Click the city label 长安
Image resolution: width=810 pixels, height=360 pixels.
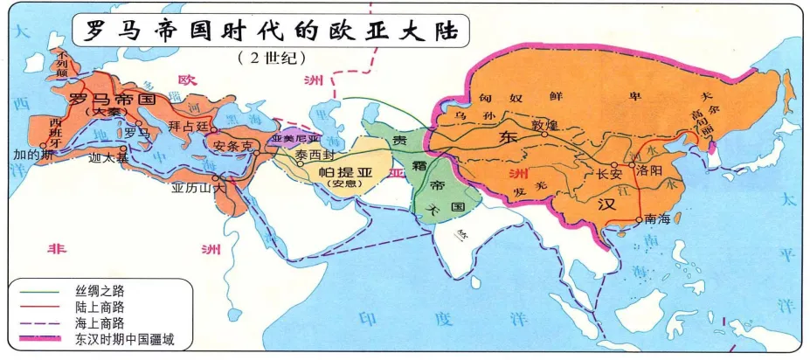pyautogui.click(x=609, y=174)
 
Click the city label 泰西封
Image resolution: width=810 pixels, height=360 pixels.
pyautogui.click(x=312, y=154)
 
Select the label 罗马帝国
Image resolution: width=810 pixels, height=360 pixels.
pyautogui.click(x=113, y=99)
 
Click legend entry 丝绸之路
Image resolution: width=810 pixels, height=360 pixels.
pyautogui.click(x=87, y=289)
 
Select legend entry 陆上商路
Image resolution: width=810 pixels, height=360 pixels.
pyautogui.click(x=87, y=306)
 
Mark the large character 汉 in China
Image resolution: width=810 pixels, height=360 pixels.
pyautogui.click(x=606, y=206)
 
